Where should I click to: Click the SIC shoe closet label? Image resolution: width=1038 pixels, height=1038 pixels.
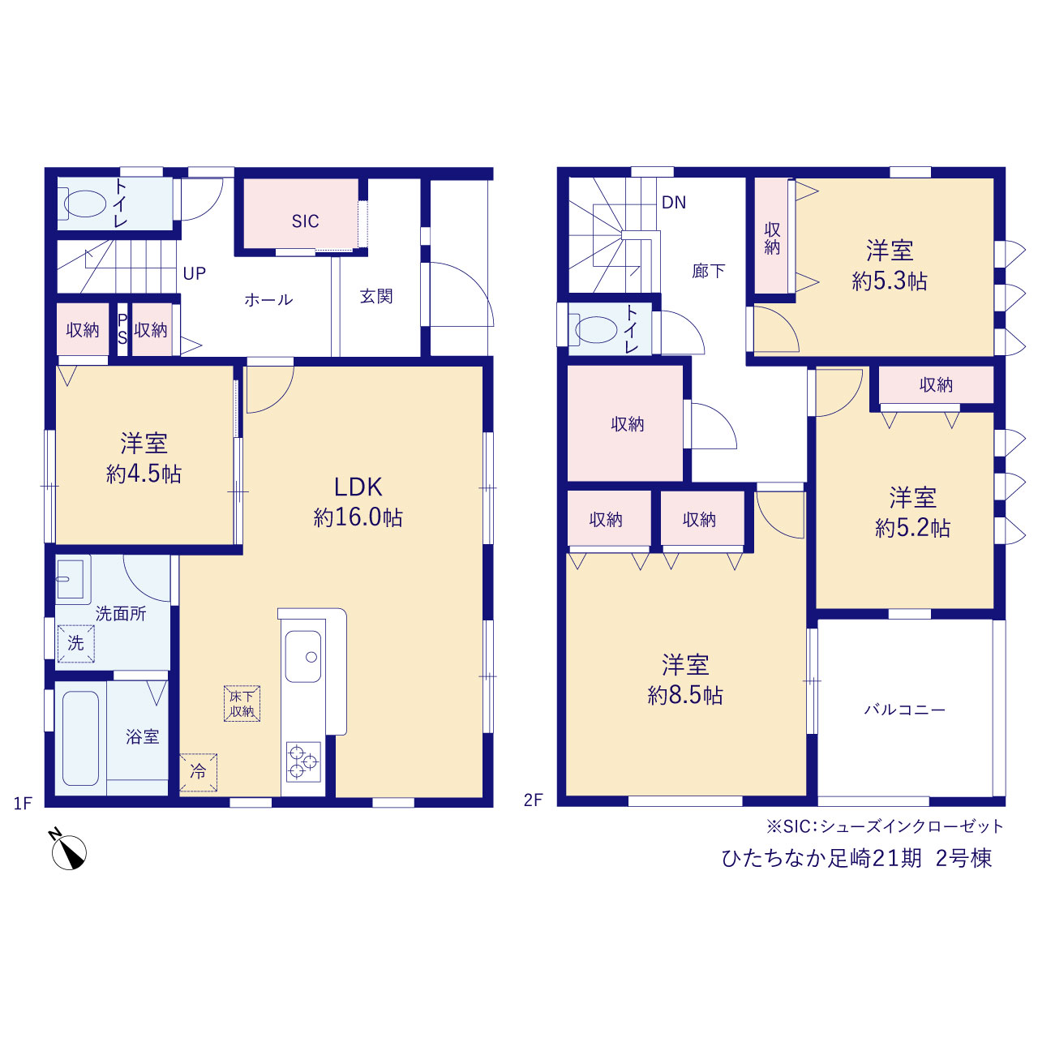pos(305,221)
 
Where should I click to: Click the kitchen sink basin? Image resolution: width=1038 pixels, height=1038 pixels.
pos(303,656)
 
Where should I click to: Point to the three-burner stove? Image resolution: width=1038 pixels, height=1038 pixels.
pos(303,761)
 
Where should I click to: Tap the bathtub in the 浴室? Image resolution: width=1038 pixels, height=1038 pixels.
pos(81,738)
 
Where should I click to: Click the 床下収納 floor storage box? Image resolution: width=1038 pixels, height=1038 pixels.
pos(242,704)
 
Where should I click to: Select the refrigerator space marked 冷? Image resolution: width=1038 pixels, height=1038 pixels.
pos(198,773)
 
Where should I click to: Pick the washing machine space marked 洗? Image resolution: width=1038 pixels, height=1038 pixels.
pos(76,643)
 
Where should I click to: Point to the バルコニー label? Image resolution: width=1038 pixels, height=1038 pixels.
pos(904,710)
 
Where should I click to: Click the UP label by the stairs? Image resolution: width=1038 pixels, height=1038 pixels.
pos(194,273)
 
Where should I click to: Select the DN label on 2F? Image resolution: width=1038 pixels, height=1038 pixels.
pos(673,203)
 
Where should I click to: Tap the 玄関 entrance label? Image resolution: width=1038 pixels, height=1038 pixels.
pos(376,296)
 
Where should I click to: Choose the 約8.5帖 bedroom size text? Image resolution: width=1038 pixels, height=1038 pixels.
pos(685,696)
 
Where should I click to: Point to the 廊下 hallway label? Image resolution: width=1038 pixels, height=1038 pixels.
pos(708,271)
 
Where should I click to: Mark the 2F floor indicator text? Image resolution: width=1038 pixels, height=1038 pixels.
pos(533,800)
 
